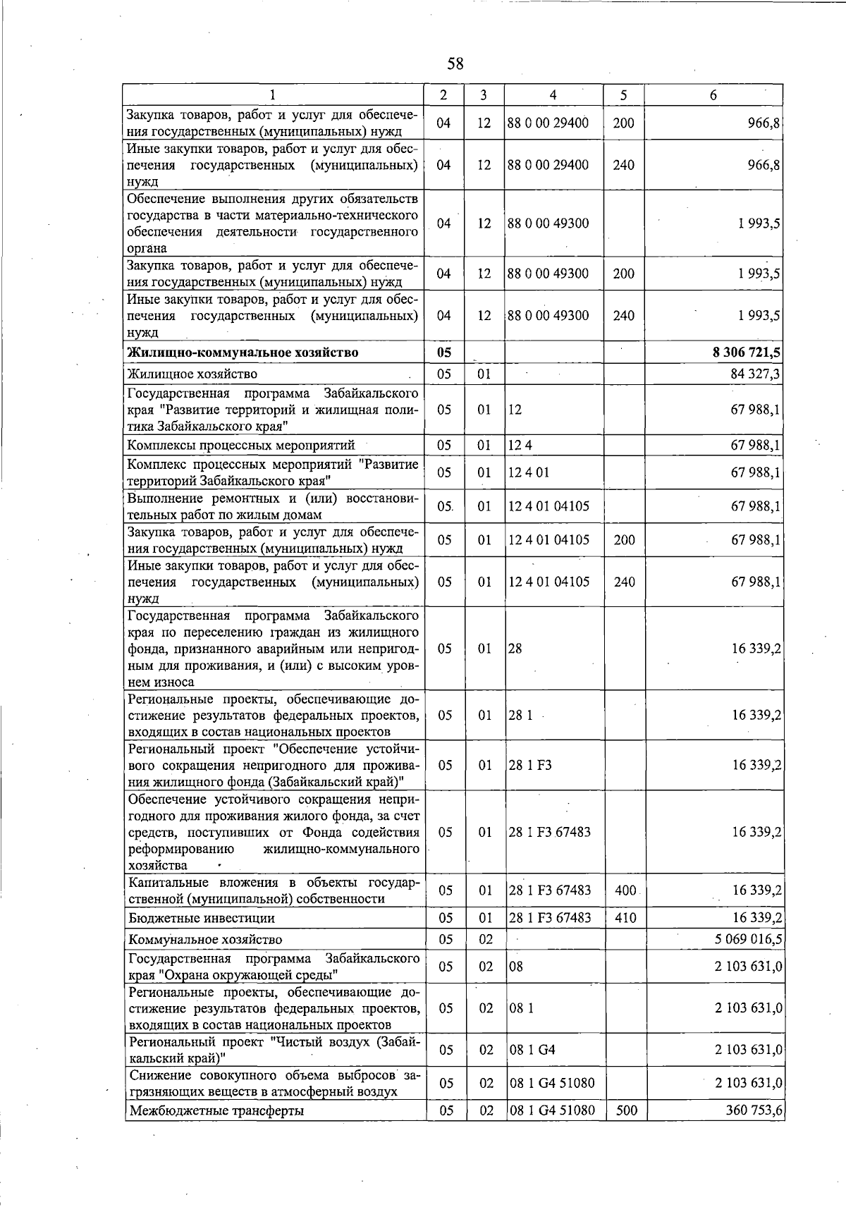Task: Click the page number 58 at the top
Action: [455, 64]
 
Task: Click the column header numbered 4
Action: [553, 95]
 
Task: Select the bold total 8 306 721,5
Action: [747, 353]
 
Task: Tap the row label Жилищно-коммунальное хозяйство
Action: [242, 353]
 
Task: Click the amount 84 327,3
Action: [755, 374]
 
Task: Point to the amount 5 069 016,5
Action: [748, 939]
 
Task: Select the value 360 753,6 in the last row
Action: [753, 1110]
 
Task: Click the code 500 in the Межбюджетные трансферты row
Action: [625, 1110]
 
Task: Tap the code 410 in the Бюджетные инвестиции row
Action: [625, 918]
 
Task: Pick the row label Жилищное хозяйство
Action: [192, 374]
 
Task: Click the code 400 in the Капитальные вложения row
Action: [625, 890]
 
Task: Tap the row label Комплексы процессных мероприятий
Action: [240, 445]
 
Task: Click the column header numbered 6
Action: [713, 95]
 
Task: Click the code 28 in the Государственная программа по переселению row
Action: [515, 649]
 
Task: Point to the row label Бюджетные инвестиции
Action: [201, 918]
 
